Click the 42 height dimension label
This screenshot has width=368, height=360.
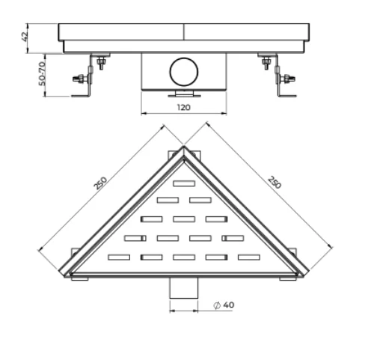(x=25, y=37)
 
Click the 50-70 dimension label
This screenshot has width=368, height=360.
(x=42, y=74)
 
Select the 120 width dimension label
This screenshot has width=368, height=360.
(x=184, y=108)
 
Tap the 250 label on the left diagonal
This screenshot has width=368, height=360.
(x=100, y=183)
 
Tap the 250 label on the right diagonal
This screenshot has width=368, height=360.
(x=275, y=183)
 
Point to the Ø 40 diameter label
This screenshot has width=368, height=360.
(x=224, y=305)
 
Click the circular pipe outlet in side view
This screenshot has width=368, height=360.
(x=184, y=72)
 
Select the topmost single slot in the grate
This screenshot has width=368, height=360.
(x=184, y=183)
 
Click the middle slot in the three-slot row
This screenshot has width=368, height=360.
(x=184, y=219)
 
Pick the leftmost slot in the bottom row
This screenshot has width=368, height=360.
(x=119, y=257)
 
